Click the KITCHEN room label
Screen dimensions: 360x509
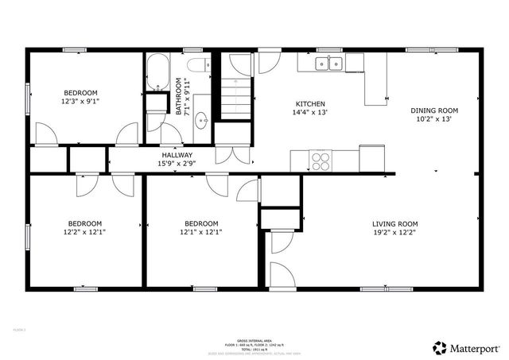[310, 104]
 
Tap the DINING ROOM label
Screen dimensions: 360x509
[433, 110]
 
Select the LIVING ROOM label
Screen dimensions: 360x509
[394, 223]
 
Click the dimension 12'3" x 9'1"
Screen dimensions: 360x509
[80, 102]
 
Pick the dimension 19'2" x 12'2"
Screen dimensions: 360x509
[394, 233]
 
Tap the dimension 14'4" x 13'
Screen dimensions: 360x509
[310, 114]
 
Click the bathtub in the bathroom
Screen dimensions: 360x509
[156, 73]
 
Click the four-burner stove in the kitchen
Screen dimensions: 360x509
[321, 161]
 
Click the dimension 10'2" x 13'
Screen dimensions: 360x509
[433, 120]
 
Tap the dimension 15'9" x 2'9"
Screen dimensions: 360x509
[177, 164]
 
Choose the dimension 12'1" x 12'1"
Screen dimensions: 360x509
[200, 232]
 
